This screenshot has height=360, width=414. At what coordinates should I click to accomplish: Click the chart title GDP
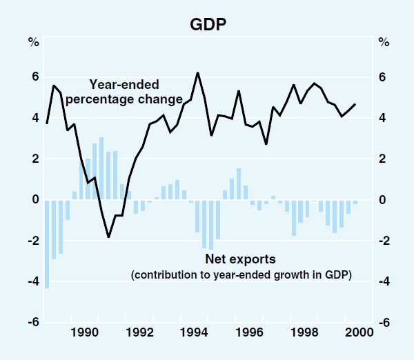point(207,25)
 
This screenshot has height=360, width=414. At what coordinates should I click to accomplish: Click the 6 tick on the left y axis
point(34,77)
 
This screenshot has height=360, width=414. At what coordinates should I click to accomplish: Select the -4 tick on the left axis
point(32,282)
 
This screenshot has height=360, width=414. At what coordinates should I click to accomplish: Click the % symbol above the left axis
point(33,42)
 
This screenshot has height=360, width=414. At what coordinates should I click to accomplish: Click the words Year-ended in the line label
point(124,86)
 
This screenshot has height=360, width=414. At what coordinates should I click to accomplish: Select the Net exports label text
point(240,260)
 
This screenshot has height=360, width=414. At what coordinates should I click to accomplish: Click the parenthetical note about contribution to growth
point(241,275)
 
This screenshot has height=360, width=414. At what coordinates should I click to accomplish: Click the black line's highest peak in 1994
point(198,72)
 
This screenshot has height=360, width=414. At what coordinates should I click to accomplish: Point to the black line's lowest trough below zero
point(108,237)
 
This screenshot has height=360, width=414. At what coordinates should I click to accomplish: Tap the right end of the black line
point(355,104)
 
